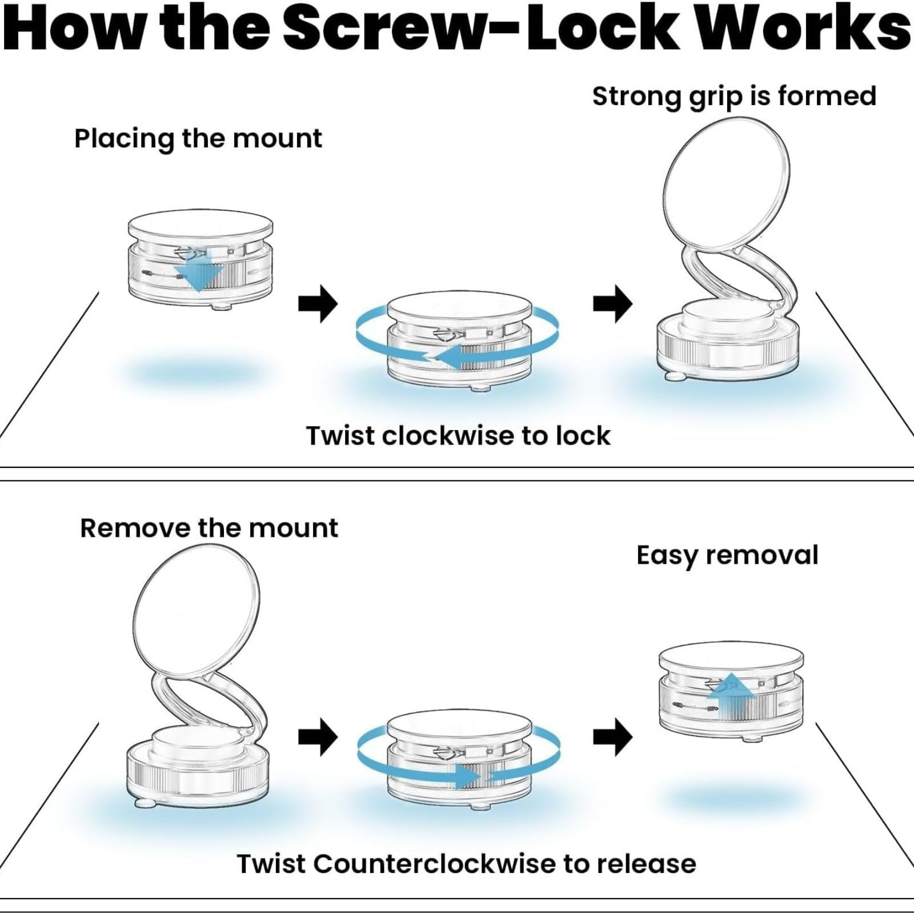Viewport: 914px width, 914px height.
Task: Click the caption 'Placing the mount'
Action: [x=198, y=139]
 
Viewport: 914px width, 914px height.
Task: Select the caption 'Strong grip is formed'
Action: [x=734, y=96]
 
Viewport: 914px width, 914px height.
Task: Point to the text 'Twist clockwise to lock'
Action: [x=458, y=436]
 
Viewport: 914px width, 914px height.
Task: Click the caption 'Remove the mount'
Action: [x=209, y=528]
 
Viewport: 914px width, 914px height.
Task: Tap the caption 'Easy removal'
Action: [x=727, y=555]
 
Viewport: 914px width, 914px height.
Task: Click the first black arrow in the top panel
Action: [x=318, y=303]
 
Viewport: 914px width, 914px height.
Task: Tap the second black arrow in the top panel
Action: [x=612, y=303]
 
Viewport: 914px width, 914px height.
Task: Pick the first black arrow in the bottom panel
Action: [x=318, y=737]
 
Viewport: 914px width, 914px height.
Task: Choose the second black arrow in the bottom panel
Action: [x=612, y=737]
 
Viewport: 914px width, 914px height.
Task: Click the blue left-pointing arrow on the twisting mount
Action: [x=457, y=357]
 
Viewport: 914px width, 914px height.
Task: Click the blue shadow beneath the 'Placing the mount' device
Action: [x=197, y=374]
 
